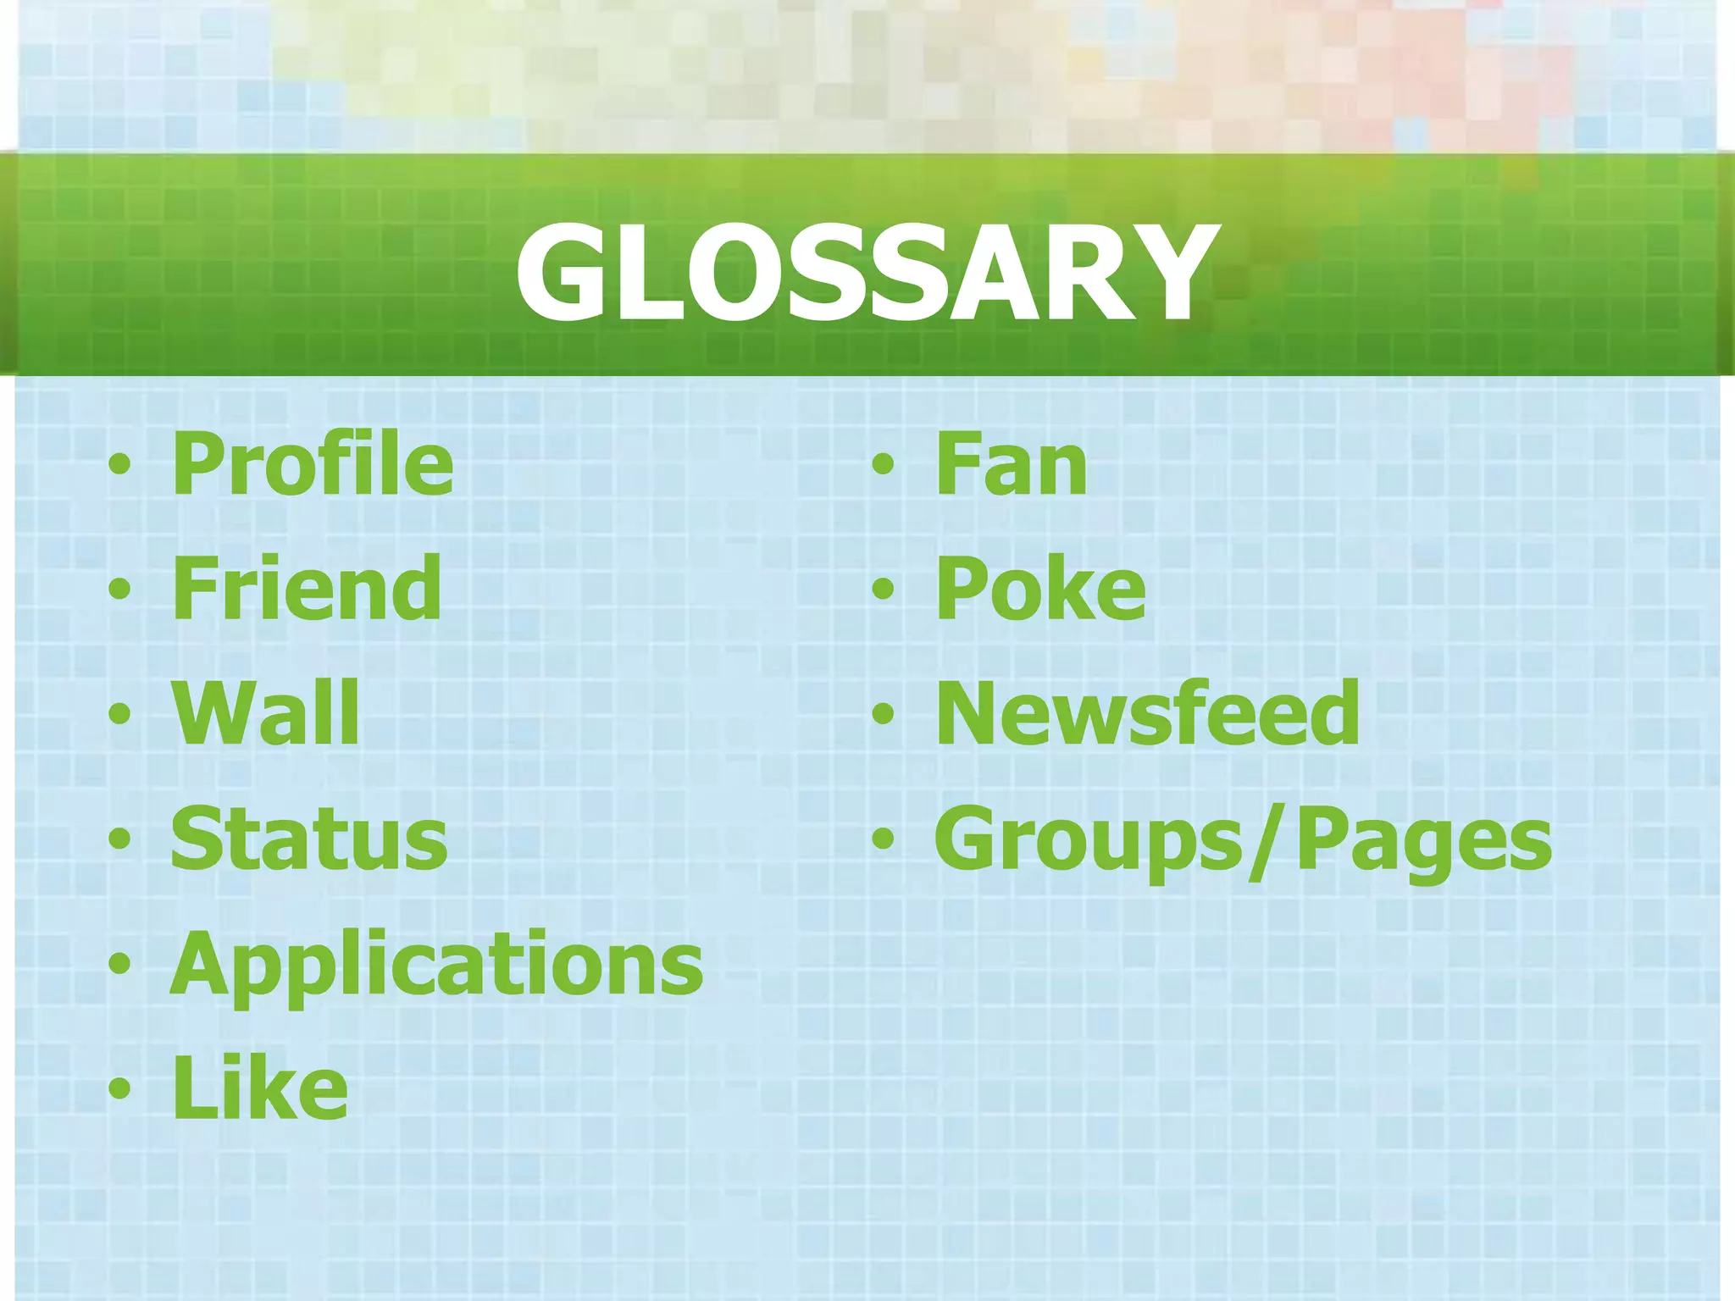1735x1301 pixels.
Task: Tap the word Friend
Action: point(306,589)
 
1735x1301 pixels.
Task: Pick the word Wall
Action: point(266,713)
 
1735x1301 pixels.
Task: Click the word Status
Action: point(309,839)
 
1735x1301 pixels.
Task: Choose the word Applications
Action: point(436,964)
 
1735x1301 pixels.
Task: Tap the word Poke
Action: point(1040,589)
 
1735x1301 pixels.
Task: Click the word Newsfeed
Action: point(1148,713)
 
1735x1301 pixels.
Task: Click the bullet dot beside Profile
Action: point(119,465)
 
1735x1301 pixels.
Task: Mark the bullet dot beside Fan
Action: point(883,465)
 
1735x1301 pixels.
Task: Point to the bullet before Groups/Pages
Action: point(883,839)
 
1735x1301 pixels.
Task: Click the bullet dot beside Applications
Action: point(119,964)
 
